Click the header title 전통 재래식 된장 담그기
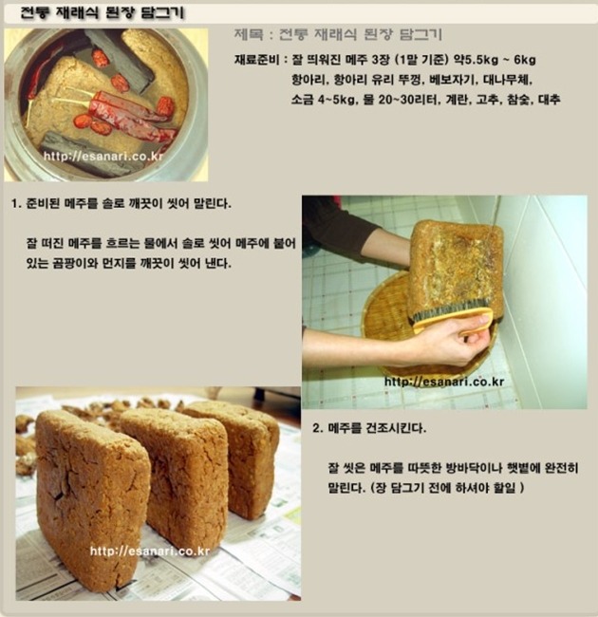102,14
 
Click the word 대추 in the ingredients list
549,100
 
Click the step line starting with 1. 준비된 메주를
121,204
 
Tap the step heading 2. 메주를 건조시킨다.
369,428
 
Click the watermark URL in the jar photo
103,157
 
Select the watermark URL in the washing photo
444,382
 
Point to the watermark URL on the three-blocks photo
150,552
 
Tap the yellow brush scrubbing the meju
453,320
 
